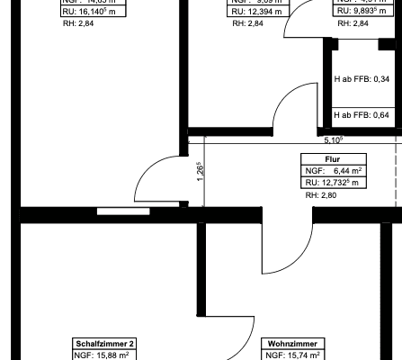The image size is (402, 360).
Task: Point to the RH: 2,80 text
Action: click(321, 195)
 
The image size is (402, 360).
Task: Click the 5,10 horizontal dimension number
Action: click(334, 140)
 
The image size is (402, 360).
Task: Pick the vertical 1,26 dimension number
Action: click(199, 170)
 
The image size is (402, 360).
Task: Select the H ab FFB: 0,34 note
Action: click(361, 80)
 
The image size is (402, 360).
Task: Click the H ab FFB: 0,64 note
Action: click(361, 115)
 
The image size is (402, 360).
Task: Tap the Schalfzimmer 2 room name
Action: click(103, 344)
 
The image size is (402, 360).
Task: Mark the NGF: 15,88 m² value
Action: click(103, 355)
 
